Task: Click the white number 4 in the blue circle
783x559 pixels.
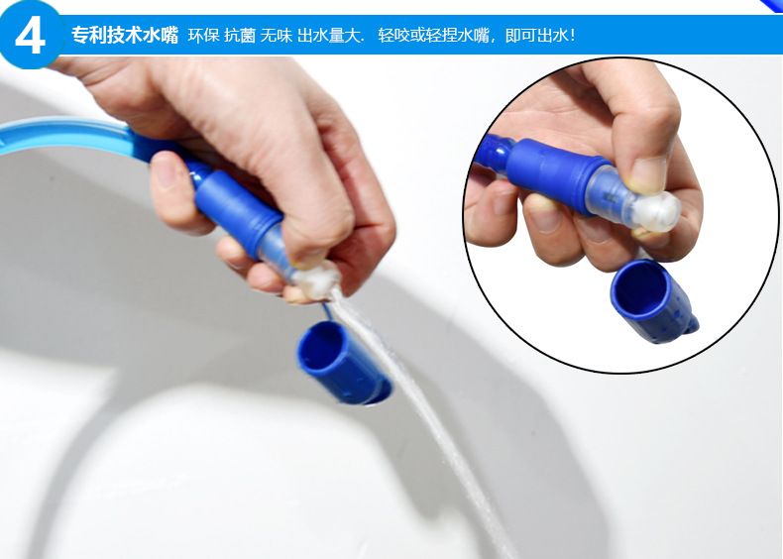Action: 30,36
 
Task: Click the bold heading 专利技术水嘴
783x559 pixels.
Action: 125,35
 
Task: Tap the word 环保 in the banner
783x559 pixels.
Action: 203,36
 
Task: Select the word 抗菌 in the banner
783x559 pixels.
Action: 239,36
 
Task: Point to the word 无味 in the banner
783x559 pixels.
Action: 277,36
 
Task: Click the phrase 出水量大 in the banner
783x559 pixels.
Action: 329,36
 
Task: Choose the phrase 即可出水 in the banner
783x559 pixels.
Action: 536,36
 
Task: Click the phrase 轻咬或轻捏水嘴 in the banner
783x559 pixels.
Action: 433,36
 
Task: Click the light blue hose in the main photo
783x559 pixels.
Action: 70,134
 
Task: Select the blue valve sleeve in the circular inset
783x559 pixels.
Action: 554,169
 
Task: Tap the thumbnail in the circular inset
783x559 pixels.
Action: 648,173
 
